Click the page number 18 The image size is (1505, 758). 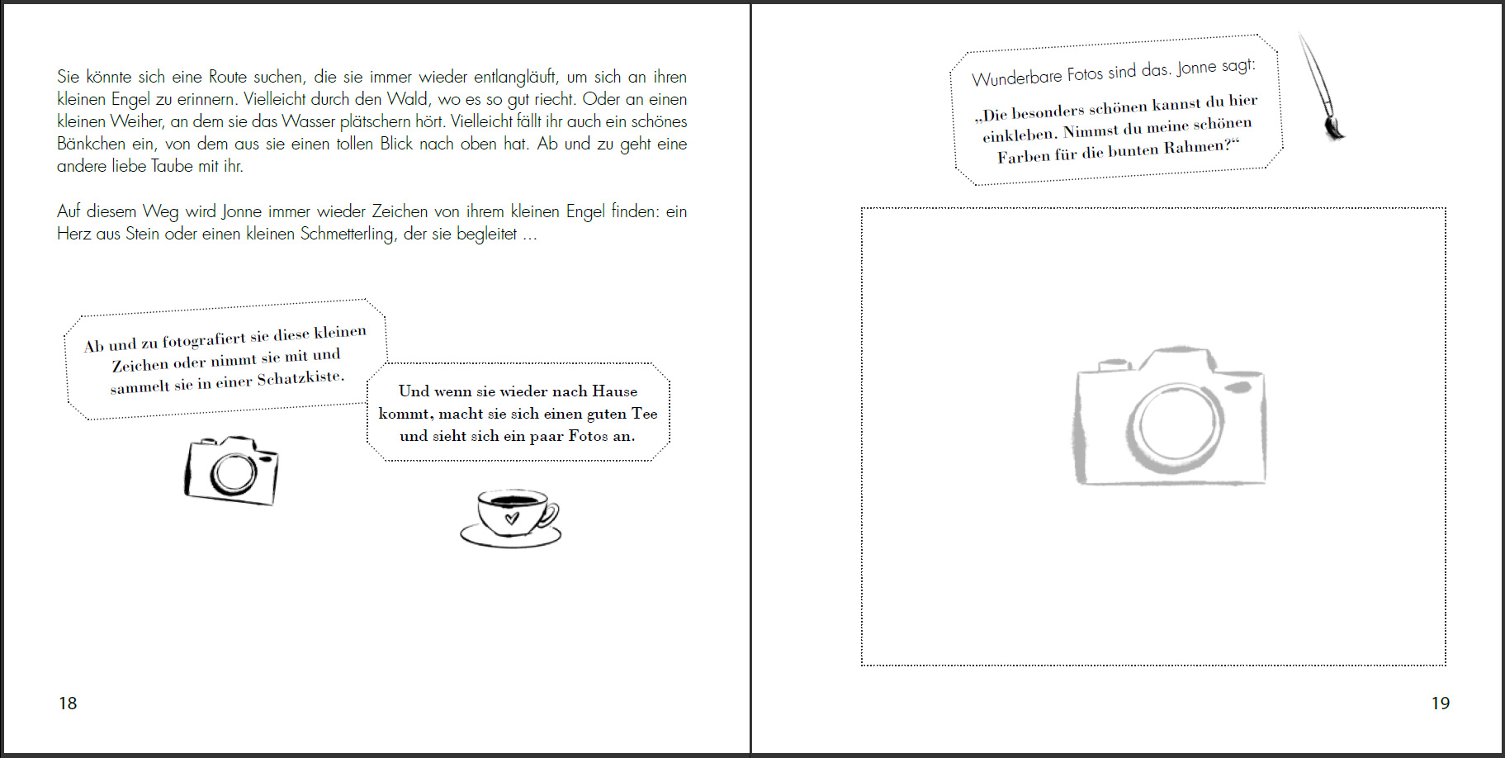(68, 703)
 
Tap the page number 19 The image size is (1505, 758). (1440, 703)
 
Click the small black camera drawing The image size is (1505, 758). (231, 470)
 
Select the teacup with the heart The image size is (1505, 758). (510, 518)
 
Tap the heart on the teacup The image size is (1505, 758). (512, 519)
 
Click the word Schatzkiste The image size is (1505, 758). (301, 378)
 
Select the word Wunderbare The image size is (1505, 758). (1016, 77)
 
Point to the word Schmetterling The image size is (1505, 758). (347, 235)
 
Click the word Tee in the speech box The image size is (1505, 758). (644, 414)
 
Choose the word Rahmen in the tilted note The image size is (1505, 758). (1195, 148)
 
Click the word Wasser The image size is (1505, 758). (308, 121)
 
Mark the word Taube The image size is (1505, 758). (172, 166)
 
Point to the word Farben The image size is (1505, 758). (1022, 155)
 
